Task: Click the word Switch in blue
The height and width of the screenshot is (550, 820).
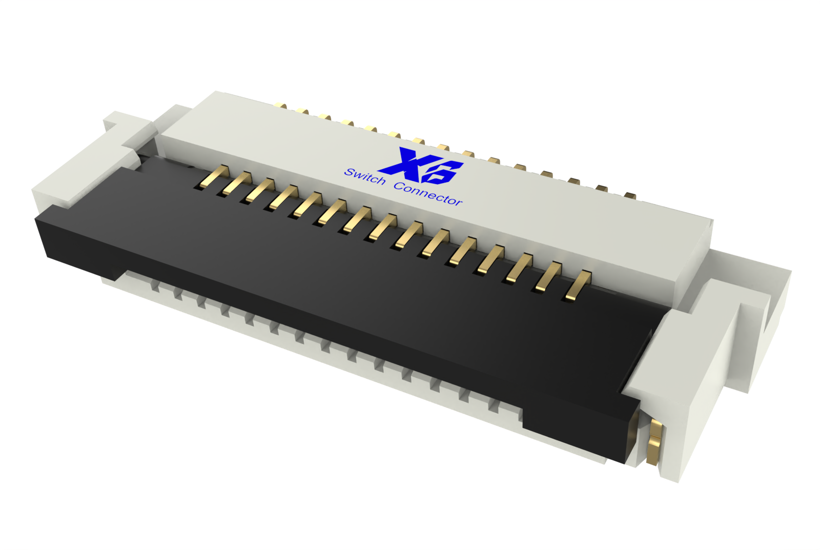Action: click(364, 176)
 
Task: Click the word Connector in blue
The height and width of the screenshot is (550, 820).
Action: click(428, 193)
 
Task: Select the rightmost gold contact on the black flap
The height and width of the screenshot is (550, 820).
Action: click(578, 286)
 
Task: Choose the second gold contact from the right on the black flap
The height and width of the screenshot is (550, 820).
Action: click(548, 277)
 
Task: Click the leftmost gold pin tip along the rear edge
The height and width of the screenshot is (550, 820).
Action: click(280, 106)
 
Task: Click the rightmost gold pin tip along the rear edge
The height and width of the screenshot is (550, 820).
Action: click(630, 195)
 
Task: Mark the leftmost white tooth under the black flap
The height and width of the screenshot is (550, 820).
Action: click(154, 287)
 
